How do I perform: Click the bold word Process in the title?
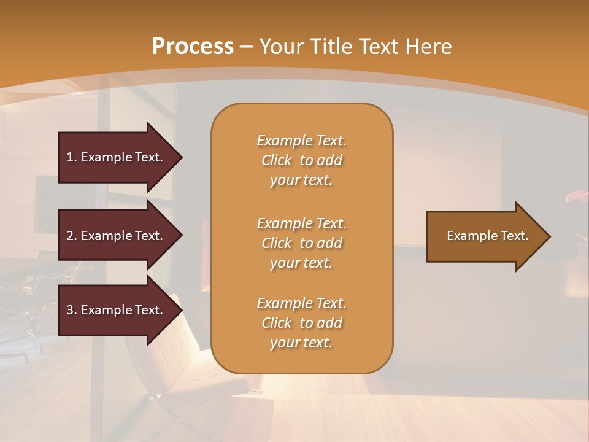[193, 47]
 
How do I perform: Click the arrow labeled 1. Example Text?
[117, 157]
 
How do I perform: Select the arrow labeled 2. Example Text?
[117, 236]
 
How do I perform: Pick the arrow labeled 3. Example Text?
[117, 310]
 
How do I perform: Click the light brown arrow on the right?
[485, 236]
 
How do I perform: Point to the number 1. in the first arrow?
[72, 157]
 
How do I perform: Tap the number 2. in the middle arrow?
[72, 236]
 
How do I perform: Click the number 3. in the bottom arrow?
[72, 310]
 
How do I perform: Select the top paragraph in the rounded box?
[301, 160]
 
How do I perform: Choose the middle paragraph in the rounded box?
[301, 243]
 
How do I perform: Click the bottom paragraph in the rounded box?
[301, 323]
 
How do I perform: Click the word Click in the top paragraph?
[277, 160]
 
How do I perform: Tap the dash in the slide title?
[247, 47]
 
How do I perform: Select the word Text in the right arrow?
[515, 236]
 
